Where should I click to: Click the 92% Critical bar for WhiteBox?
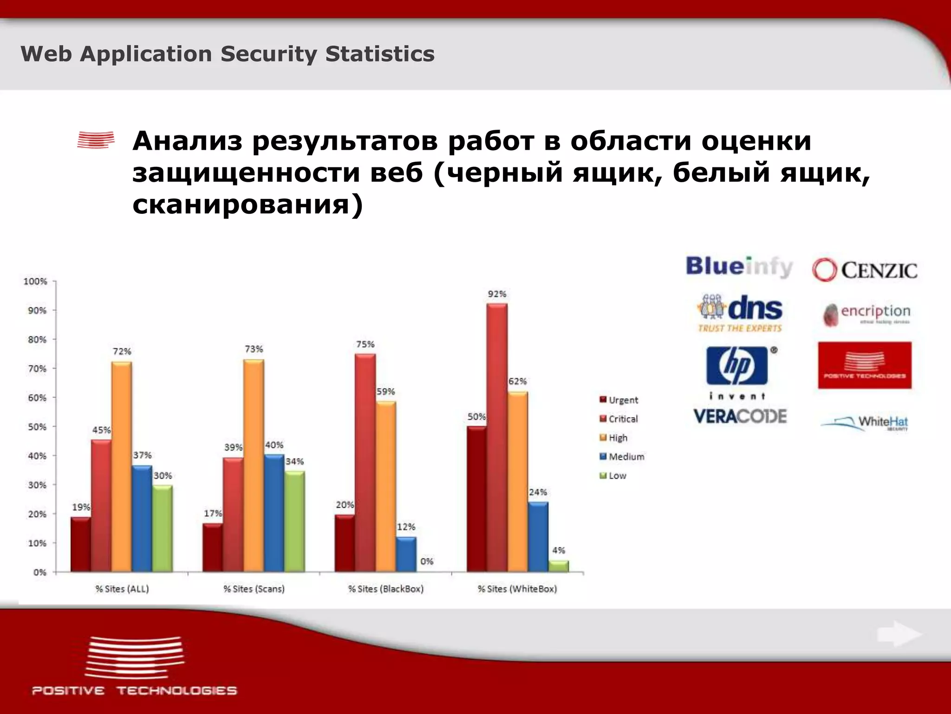pos(497,437)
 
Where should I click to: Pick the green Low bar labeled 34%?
pos(294,521)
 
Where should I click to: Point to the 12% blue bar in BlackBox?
pos(406,554)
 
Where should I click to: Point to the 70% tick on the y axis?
pos(37,369)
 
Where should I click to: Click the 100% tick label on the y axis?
pos(35,281)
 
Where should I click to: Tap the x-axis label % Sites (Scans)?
pos(254,589)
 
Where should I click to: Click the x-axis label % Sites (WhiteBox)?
pos(517,589)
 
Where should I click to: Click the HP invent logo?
pos(737,372)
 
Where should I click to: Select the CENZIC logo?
pos(865,270)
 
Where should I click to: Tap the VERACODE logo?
pos(740,416)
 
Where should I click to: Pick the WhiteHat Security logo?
pos(865,423)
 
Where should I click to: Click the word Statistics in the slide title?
pos(380,54)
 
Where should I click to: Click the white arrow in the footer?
pos(898,635)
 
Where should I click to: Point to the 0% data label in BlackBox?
pos(426,562)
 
